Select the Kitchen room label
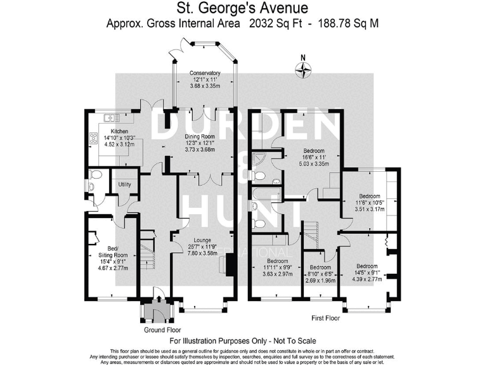(x=102, y=131)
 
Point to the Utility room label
(x=125, y=184)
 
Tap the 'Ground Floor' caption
(x=161, y=330)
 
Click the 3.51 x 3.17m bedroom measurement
(x=370, y=209)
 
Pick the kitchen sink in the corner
(x=111, y=117)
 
